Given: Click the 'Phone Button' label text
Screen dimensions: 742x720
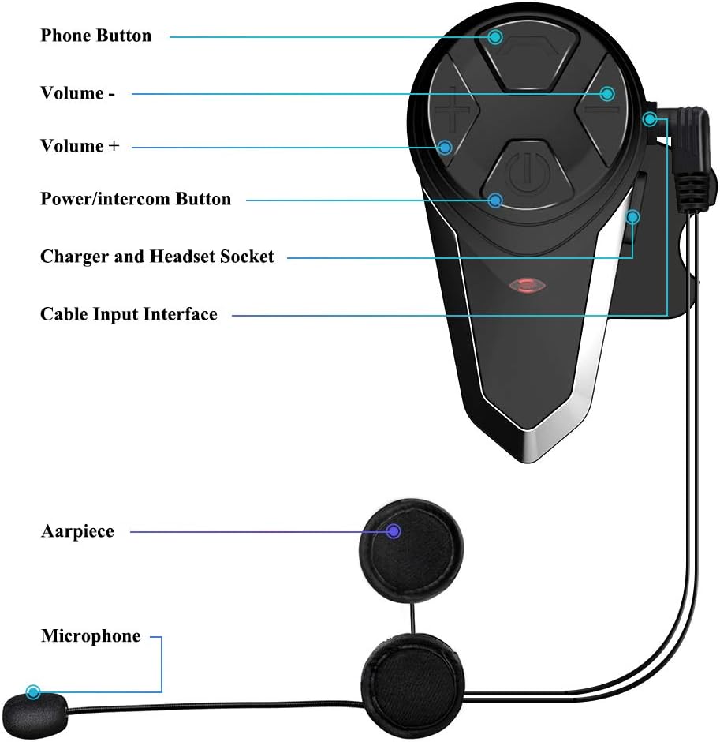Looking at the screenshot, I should pyautogui.click(x=95, y=36).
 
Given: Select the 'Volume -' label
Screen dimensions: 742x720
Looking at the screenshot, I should pyautogui.click(x=77, y=93).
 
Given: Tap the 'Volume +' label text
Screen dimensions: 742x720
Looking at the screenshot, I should pyautogui.click(x=79, y=146).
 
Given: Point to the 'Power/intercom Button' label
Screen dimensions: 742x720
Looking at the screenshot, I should pyautogui.click(x=136, y=199).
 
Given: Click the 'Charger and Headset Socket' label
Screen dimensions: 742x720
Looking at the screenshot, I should pyautogui.click(x=157, y=257).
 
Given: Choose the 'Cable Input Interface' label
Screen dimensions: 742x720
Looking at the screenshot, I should pyautogui.click(x=129, y=314).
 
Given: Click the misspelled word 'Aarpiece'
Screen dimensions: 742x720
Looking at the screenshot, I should pyautogui.click(x=77, y=531).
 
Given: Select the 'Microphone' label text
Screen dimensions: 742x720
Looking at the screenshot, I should pyautogui.click(x=91, y=636).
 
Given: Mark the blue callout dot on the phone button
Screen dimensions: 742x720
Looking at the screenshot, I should pyautogui.click(x=495, y=36).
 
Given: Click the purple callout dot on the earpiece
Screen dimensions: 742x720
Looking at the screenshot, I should pyautogui.click(x=394, y=531).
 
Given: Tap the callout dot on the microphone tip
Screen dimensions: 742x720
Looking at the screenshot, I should pyautogui.click(x=33, y=692).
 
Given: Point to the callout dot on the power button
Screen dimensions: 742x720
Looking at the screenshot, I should pyautogui.click(x=495, y=200).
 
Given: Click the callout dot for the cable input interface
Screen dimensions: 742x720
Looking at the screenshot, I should pyautogui.click(x=650, y=119).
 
